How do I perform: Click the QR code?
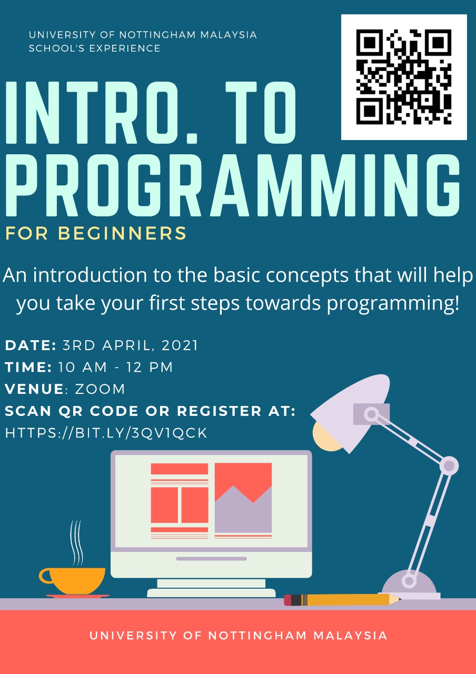point(404,77)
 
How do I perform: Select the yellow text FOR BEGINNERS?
point(96,233)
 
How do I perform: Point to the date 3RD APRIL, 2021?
point(130,346)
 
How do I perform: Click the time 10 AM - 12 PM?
point(115,368)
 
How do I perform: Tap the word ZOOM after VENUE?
point(100,389)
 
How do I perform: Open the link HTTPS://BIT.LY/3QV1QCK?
point(106,433)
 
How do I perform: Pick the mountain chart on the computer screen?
point(243,498)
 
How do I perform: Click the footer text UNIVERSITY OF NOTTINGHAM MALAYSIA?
point(238,636)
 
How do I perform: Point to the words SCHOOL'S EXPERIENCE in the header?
point(95,48)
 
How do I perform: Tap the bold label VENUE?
point(34,389)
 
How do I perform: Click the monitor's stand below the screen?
point(211,587)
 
